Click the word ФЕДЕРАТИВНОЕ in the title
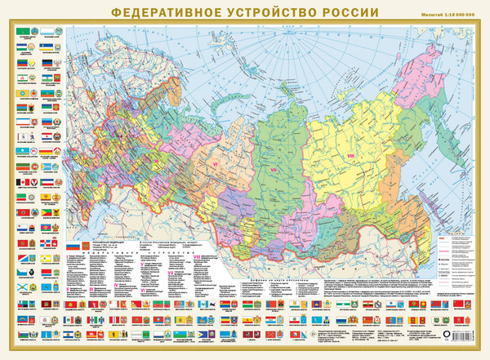(x=156, y=13)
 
